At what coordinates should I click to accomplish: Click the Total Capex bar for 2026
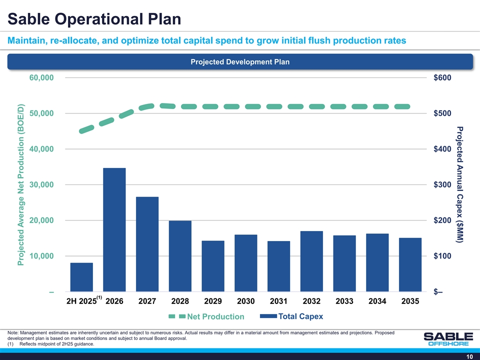click(114, 229)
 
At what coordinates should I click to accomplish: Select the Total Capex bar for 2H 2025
click(81, 277)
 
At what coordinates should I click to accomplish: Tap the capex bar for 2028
click(180, 256)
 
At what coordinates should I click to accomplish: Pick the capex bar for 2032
click(311, 261)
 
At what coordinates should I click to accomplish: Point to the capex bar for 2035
click(410, 264)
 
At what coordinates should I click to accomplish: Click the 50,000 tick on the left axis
click(41, 113)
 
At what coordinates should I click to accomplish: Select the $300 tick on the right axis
click(442, 184)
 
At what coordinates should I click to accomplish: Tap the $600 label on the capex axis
click(442, 78)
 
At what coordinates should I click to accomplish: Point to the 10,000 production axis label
click(41, 256)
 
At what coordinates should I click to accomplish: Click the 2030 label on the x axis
click(246, 301)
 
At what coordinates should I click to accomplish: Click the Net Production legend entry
click(206, 316)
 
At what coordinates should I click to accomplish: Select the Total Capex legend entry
click(291, 316)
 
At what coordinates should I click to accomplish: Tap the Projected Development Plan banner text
click(240, 62)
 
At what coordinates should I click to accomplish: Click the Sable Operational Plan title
click(94, 18)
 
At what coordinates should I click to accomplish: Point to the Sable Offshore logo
click(448, 339)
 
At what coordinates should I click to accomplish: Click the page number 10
click(469, 356)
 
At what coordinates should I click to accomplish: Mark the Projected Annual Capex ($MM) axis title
click(459, 184)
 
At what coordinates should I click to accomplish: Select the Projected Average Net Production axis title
click(20, 184)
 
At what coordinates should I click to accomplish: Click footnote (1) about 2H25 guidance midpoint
click(51, 344)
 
